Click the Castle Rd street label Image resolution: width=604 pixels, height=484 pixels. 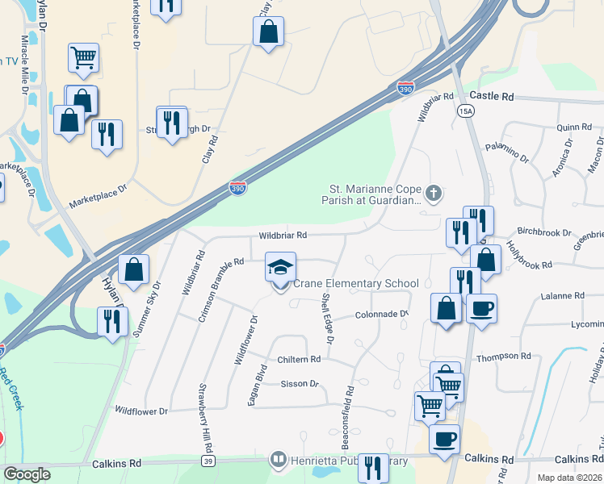click(x=492, y=96)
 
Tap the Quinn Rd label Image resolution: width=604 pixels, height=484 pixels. click(x=574, y=127)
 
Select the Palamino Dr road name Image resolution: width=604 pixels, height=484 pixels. click(x=505, y=152)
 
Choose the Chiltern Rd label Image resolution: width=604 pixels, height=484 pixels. click(x=299, y=359)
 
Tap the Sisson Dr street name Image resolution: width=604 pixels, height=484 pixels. click(x=299, y=384)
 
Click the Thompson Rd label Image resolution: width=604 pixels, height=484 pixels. click(x=503, y=356)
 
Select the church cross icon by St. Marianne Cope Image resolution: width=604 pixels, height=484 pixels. click(x=434, y=193)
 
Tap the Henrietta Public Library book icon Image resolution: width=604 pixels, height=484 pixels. click(x=279, y=460)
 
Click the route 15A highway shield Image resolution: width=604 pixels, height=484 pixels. click(x=466, y=111)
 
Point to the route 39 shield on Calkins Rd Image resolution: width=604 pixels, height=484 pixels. click(x=208, y=461)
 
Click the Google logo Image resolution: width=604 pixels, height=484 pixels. click(x=27, y=474)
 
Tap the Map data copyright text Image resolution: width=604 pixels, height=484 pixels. click(x=568, y=478)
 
